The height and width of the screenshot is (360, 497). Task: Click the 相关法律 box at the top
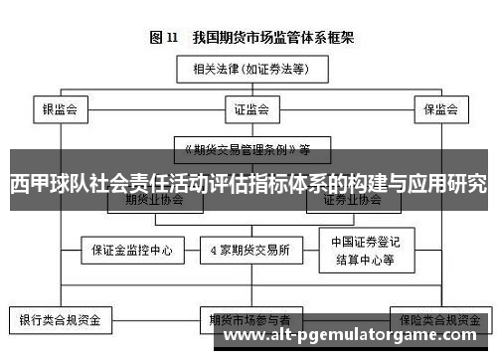248,69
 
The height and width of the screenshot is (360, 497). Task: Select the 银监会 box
61,108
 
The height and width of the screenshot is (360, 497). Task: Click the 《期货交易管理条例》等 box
248,150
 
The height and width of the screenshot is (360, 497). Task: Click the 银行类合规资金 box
61,321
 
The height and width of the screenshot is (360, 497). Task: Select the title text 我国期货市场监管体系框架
268,38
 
